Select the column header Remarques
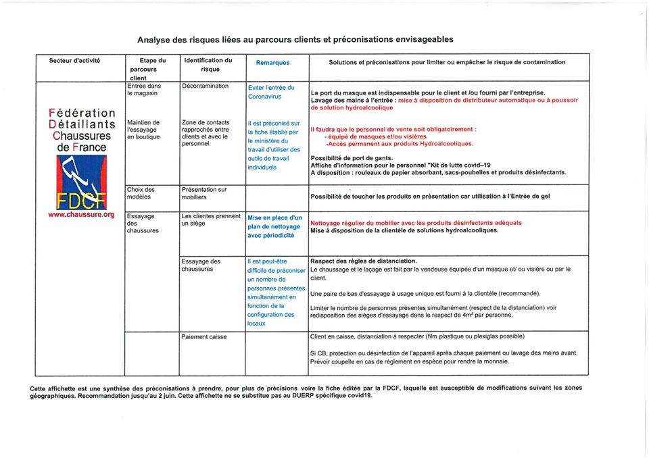[272, 63]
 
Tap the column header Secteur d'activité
[74, 61]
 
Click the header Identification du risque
[208, 65]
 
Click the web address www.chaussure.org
[81, 215]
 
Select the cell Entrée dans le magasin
[144, 90]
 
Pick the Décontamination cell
[206, 86]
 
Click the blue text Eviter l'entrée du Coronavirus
[270, 92]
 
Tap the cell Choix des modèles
[141, 193]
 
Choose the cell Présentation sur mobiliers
[204, 193]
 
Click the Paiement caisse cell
[204, 336]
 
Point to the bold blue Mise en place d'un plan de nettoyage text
[274, 226]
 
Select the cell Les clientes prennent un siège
[210, 220]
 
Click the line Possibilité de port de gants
[352, 157]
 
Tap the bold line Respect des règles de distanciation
[363, 261]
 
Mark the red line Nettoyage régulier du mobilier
[416, 223]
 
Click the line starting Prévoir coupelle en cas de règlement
[409, 361]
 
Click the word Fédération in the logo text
[82, 113]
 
